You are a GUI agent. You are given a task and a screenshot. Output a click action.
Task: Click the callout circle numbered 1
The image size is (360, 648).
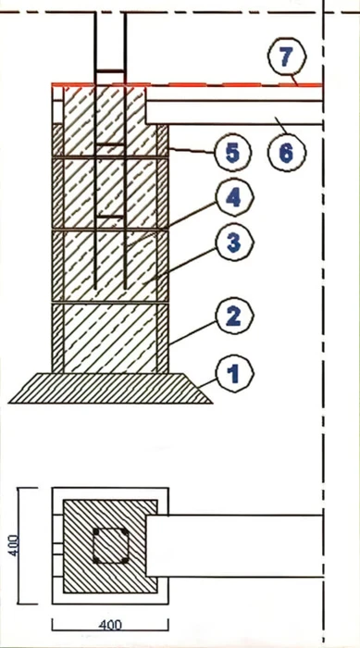point(234,374)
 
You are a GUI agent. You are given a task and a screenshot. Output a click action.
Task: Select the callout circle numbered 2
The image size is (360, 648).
point(234,316)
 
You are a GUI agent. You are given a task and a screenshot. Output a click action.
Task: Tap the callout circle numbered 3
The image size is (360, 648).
point(234,243)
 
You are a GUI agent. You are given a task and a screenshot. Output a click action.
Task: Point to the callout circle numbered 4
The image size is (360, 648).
point(234,198)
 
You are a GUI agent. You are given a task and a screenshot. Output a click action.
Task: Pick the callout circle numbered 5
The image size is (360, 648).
point(232,154)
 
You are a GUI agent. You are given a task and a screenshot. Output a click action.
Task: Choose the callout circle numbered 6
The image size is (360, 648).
point(287,154)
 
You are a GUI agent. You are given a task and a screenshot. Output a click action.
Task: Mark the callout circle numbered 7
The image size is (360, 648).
point(287,57)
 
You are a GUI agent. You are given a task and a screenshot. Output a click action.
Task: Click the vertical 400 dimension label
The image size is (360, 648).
point(14,545)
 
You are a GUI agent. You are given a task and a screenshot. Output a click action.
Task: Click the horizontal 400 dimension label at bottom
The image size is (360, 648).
point(110,625)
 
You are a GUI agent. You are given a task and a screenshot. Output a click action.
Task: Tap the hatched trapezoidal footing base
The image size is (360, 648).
point(111,388)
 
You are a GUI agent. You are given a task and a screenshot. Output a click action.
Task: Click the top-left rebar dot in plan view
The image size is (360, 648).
point(96,531)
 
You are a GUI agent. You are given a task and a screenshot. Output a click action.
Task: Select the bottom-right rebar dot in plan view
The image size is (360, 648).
point(125,560)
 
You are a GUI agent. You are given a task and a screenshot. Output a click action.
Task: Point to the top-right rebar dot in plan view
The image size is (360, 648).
point(125,531)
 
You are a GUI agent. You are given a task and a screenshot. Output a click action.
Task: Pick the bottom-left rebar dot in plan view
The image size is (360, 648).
point(96,560)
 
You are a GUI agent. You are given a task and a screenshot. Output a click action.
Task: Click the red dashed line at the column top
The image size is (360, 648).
point(187,85)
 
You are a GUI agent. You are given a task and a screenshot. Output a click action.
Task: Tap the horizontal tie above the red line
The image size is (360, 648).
point(110,71)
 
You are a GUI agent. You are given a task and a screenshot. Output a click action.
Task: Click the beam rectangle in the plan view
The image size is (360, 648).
point(234,546)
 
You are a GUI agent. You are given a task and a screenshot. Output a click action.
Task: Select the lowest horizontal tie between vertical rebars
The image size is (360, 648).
point(110,217)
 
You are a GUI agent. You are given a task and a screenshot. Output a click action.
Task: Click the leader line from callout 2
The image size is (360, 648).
point(192,332)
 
